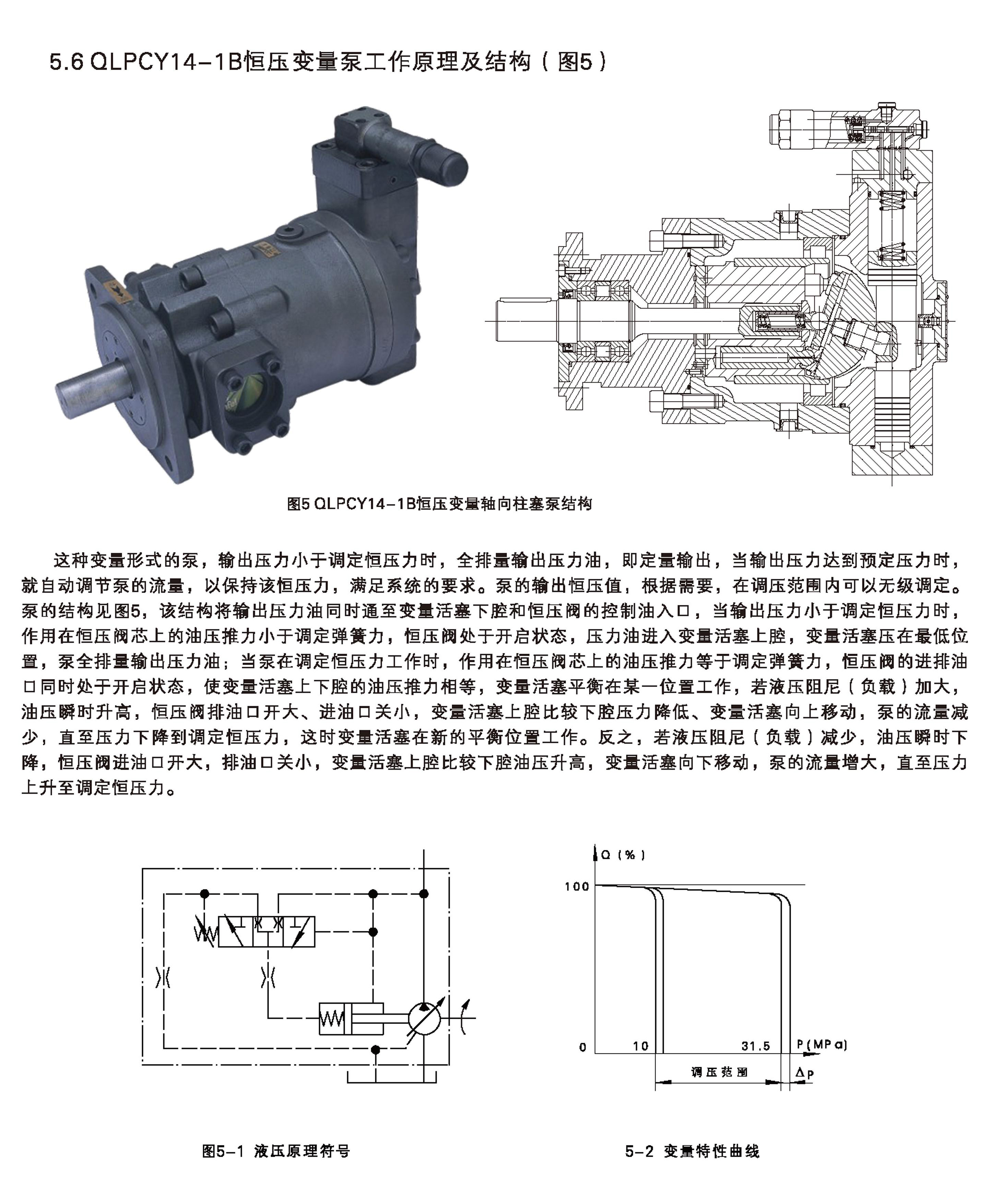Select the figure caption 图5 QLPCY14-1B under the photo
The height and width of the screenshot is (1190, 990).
[440, 503]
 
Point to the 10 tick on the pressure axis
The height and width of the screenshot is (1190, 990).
[640, 1046]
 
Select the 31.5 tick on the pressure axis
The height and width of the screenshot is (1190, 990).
[756, 1046]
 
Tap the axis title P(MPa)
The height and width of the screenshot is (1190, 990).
[822, 1045]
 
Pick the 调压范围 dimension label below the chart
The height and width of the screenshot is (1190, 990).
[719, 1072]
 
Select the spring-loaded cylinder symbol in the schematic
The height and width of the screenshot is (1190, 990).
[351, 1019]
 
